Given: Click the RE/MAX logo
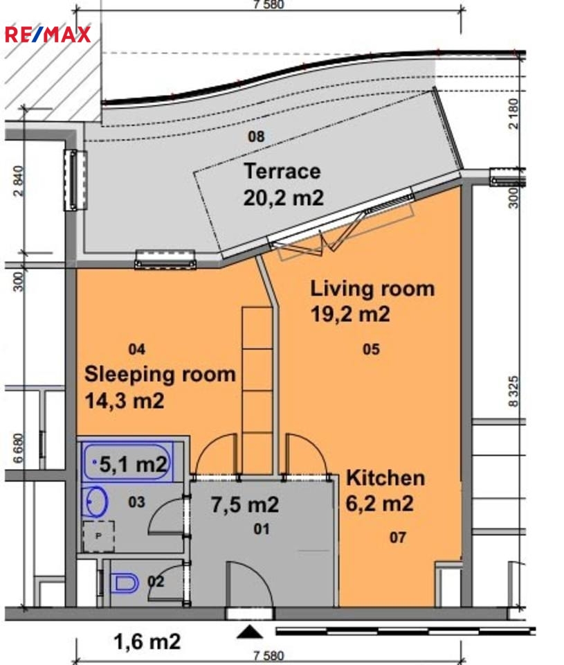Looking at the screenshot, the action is tap(48, 35).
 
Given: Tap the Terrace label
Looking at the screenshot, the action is tap(282, 171).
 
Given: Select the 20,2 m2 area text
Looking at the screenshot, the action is tap(284, 197).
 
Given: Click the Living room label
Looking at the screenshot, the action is tap(372, 289).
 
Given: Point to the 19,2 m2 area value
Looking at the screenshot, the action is tap(350, 314).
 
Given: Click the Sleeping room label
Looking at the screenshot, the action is tap(160, 375).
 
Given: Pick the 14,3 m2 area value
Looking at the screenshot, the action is tap(125, 401).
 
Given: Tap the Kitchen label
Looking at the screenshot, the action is tap(385, 478).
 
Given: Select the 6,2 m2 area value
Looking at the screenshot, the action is tap(380, 504).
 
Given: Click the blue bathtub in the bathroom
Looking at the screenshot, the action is tap(127, 462).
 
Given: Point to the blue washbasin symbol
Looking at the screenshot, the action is tap(95, 502).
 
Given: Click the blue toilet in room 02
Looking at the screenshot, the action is tap(124, 583).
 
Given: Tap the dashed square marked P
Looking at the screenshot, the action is tap(98, 536).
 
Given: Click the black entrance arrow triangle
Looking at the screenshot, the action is tap(250, 632).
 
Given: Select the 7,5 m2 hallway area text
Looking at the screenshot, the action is tap(245, 505).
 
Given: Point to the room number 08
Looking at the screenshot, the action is tap(256, 136).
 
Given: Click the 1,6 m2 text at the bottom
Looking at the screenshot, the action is tap(147, 641).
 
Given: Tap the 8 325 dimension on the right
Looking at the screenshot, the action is tap(513, 391).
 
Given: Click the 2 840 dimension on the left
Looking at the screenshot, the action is tap(18, 181).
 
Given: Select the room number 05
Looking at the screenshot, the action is tap(371, 349).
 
